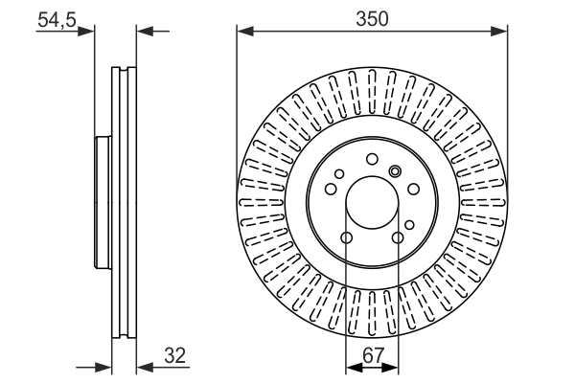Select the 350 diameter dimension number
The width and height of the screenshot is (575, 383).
(372, 17)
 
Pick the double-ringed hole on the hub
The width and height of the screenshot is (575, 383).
(394, 171)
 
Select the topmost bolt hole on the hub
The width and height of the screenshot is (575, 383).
(372, 160)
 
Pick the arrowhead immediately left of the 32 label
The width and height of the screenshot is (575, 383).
(143, 367)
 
